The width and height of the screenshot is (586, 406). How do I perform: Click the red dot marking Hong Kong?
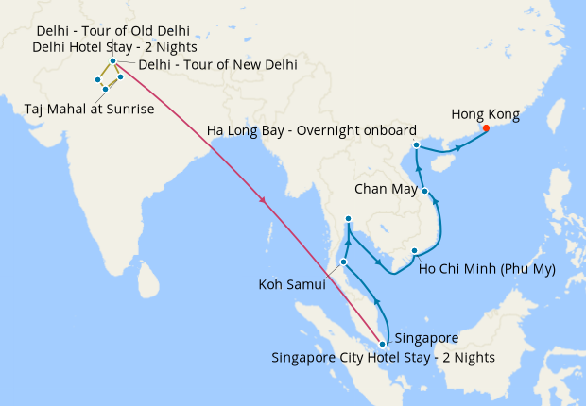486,128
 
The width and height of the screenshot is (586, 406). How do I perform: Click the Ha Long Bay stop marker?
417,144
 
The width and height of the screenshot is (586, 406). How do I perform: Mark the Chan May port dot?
425,192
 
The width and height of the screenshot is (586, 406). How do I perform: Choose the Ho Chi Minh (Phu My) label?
486,268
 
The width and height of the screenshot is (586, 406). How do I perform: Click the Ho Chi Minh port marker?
415,250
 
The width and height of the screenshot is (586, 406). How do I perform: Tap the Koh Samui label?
292,283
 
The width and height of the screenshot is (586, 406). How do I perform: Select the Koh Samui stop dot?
343,262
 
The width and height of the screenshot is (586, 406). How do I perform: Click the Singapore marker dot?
382,344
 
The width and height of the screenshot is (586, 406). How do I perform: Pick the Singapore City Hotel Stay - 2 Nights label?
383,358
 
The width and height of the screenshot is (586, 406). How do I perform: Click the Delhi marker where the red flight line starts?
112,61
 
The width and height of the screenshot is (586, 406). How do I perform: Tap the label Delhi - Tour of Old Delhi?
112,31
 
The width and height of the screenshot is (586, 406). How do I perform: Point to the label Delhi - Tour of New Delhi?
217,65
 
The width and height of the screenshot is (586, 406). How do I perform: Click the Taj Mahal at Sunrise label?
90,110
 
